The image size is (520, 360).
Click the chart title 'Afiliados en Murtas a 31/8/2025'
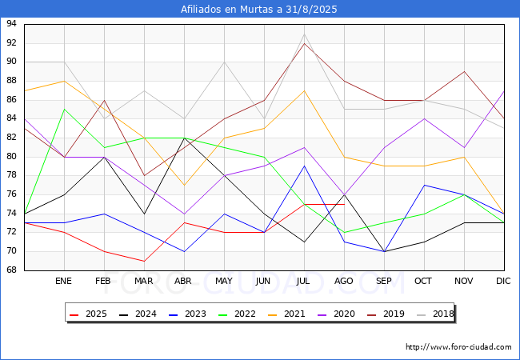point(258,9)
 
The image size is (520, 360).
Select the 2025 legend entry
point(89,314)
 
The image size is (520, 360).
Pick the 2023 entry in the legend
point(188,314)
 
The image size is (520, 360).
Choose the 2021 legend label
point(287,314)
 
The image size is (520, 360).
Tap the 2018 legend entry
point(435,314)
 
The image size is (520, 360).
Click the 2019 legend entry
point(386,314)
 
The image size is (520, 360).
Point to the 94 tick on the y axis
point(11,23)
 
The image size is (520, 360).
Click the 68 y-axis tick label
point(11,270)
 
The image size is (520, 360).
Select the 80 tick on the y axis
point(11,157)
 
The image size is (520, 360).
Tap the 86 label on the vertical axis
point(11,99)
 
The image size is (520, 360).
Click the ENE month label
point(63,281)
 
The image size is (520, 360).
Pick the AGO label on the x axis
point(343,281)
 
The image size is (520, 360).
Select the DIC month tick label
point(503,281)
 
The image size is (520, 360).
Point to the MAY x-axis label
point(224,281)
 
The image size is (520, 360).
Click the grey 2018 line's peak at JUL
point(304,34)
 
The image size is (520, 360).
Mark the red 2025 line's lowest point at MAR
point(144,262)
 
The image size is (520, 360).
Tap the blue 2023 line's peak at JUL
point(304,166)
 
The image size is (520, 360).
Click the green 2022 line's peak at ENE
point(64,109)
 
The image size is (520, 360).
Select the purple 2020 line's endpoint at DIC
point(504,91)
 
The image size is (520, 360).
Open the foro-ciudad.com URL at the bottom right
point(458,347)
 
